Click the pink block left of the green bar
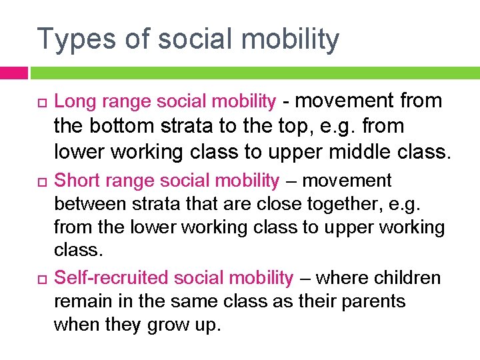(x=13, y=72)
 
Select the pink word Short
(x=76, y=181)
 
